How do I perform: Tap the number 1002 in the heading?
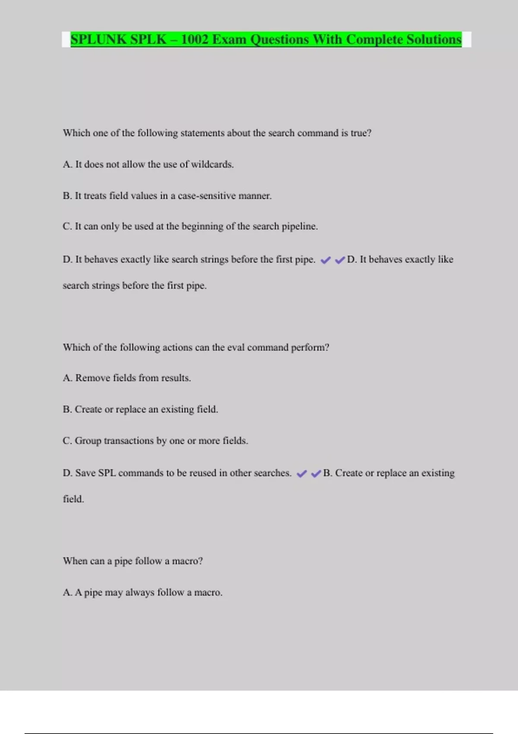(x=195, y=39)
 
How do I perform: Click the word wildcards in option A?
(x=212, y=165)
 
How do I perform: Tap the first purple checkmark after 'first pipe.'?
(x=325, y=260)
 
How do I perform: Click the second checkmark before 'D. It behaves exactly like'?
(x=340, y=260)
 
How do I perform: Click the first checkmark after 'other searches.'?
(x=302, y=474)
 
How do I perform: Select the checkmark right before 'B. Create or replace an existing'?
(x=316, y=474)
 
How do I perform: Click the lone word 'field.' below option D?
(x=73, y=499)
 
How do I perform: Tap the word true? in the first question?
(x=361, y=133)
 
